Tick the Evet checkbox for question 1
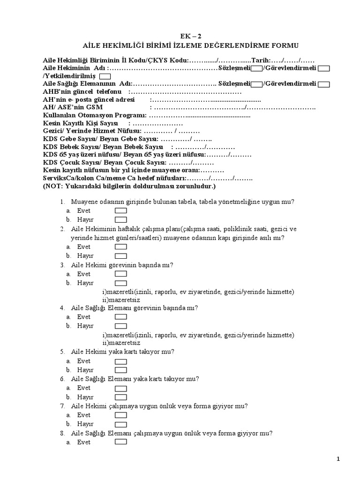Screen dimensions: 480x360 120,211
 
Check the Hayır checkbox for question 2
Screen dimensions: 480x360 120,256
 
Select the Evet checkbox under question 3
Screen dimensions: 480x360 120,274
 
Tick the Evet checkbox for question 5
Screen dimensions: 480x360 120,361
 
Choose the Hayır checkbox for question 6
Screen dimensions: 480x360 120,397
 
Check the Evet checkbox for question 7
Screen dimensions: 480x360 120,415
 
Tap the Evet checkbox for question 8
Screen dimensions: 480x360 120,442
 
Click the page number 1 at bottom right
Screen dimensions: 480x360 338,460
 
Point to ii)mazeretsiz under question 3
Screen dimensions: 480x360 121,300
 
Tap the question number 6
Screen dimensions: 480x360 62,379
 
